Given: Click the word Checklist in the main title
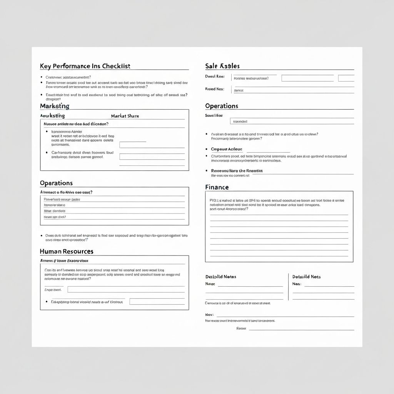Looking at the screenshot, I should pos(117,66).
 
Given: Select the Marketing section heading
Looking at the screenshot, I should pos(55,106).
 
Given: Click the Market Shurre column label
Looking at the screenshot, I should pos(125,116).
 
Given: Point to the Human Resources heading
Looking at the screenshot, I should pos(67,251).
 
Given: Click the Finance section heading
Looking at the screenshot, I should pos(217,187).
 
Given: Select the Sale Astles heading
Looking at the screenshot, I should pos(222,66).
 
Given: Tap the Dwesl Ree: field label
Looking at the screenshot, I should pos(215,76).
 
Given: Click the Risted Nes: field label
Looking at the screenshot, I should pos(215,89).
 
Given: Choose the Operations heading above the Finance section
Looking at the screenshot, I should pos(222,106).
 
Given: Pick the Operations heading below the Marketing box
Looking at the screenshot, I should pos(56,183).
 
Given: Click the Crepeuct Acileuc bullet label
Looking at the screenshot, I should pos(227,149).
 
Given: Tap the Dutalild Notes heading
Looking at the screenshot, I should pos(221,277).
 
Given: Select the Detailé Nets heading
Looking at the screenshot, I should pos(306,277).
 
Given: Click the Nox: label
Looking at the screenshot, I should pos(209,314).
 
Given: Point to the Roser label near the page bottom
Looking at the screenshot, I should pos(241,329).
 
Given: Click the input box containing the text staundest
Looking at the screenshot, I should pos(292,121).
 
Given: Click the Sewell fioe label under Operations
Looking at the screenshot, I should pos(214,115).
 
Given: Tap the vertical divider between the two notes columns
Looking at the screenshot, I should pos(288,287).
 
